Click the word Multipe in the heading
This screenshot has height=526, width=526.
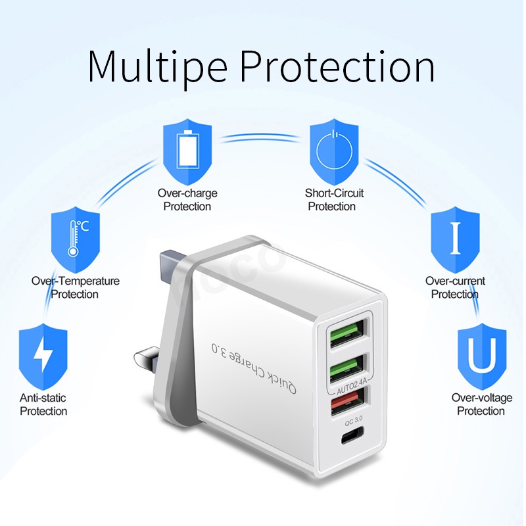point(158,65)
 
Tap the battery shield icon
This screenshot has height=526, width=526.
point(187,151)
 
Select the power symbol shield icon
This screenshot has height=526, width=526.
point(335,151)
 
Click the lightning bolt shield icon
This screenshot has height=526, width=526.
point(43,356)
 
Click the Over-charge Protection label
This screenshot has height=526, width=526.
point(187,200)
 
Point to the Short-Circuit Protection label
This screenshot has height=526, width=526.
point(334,200)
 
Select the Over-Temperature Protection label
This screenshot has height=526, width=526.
point(76,287)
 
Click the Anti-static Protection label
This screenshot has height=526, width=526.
point(43,404)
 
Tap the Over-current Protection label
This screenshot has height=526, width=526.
point(455,287)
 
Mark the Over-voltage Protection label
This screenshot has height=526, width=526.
point(481,404)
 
